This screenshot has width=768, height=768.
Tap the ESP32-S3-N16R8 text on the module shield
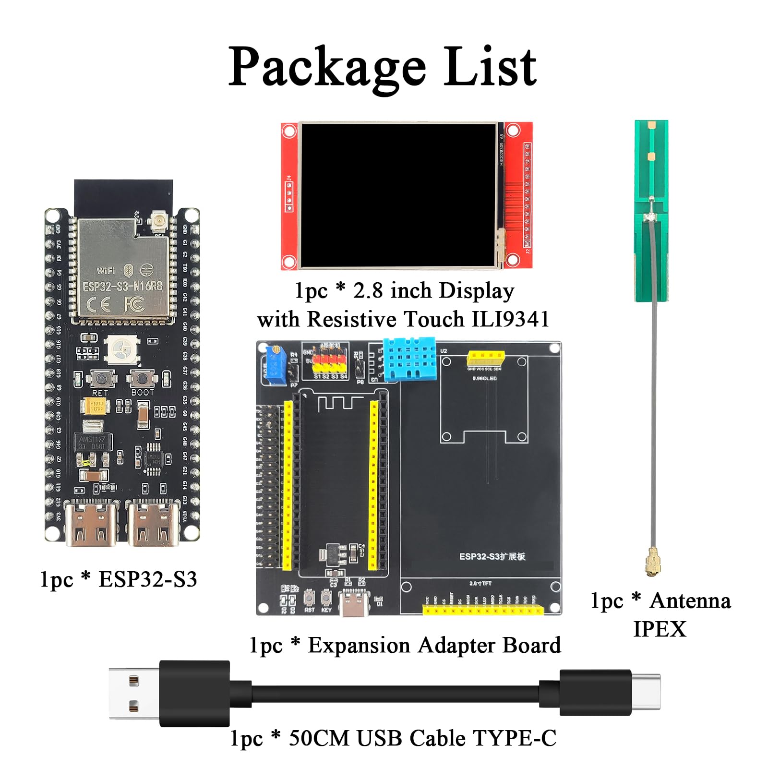122,287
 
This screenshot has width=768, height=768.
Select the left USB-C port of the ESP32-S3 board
91,523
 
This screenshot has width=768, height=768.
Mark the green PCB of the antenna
651,211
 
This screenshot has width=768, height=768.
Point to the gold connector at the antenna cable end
653,562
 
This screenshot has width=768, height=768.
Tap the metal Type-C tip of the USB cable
646,692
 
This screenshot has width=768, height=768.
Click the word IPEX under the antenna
660,629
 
